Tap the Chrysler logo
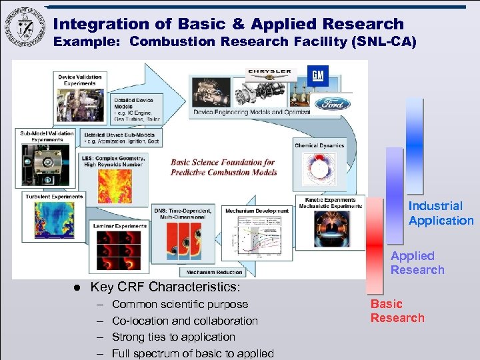[269, 71]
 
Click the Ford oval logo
[333, 103]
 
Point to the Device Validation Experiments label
[80, 79]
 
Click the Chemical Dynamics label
[319, 145]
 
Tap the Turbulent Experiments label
[55, 197]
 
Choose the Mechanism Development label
[257, 211]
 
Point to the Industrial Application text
[441, 213]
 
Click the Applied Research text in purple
[417, 263]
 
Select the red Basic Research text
[397, 311]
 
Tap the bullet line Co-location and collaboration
[185, 321]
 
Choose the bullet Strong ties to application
[173, 337]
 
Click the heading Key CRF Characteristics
[165, 287]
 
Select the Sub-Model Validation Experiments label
[46, 135]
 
